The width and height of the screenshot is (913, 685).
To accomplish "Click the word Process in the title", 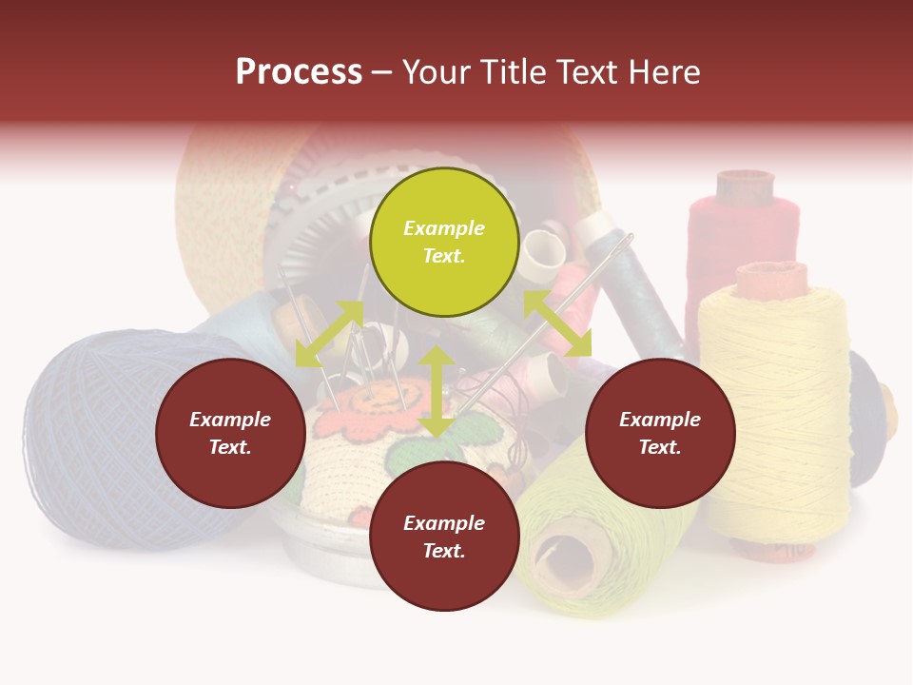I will pyautogui.click(x=299, y=72).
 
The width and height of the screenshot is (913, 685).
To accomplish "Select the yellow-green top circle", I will pyautogui.click(x=444, y=242).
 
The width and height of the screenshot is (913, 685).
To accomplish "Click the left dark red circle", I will pyautogui.click(x=230, y=433).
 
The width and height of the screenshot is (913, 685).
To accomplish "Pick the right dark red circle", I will pyautogui.click(x=660, y=433).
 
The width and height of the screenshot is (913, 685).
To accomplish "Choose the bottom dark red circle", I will pyautogui.click(x=444, y=537).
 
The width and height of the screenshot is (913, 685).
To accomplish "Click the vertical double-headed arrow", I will pyautogui.click(x=437, y=392).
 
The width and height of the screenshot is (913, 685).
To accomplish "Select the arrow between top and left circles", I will pyautogui.click(x=328, y=333).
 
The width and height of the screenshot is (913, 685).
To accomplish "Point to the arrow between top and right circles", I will pyautogui.click(x=557, y=323).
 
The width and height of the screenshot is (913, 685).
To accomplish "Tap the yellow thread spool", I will pyautogui.click(x=775, y=409).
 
